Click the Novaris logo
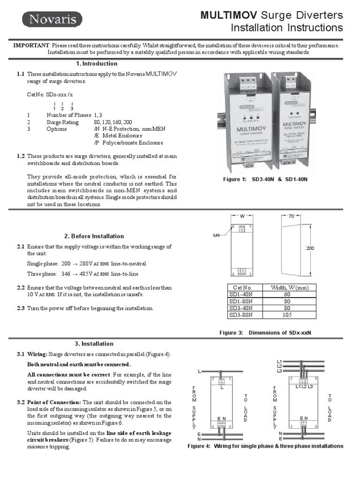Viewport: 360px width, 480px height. (x=52, y=19)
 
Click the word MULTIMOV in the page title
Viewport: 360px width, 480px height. (x=229, y=15)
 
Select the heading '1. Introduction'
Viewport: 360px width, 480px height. (x=97, y=64)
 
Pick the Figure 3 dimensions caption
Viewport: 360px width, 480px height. (x=266, y=333)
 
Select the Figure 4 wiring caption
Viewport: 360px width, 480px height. (x=265, y=446)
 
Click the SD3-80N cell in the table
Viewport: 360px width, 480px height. (x=240, y=315)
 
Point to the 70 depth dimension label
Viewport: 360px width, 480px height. (x=291, y=217)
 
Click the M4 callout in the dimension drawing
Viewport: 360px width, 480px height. (x=217, y=235)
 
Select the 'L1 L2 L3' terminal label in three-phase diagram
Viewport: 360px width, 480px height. (x=304, y=386)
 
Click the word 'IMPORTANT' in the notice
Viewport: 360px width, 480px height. (x=31, y=45)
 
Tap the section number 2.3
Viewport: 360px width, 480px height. (x=21, y=308)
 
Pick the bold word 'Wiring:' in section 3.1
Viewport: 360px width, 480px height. (x=37, y=354)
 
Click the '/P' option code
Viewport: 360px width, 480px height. (x=97, y=143)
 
